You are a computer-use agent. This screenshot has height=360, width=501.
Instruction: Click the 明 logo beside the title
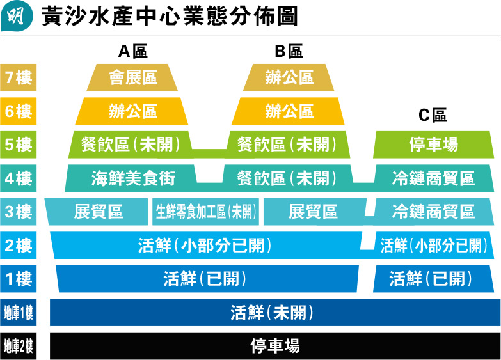(15, 16)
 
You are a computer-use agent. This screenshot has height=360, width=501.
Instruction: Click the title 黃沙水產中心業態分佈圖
(170, 17)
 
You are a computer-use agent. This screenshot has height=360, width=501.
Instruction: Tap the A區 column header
(133, 51)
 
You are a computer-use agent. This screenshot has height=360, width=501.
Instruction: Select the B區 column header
(289, 51)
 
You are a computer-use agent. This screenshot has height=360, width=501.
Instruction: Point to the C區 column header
(433, 115)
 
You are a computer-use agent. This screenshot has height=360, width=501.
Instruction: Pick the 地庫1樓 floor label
(18, 313)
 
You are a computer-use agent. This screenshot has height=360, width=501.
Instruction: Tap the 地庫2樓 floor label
(18, 347)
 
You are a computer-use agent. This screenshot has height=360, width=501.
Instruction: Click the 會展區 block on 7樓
(133, 79)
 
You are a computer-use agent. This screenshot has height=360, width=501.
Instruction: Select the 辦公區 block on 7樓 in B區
(289, 79)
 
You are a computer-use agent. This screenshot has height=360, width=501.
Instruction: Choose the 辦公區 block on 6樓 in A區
(132, 111)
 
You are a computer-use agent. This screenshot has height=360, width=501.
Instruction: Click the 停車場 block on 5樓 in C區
(433, 145)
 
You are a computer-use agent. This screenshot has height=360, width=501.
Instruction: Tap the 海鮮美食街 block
(133, 178)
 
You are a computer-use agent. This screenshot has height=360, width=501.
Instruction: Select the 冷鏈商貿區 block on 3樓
(433, 212)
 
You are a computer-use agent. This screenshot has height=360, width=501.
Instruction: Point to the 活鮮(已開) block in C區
(431, 279)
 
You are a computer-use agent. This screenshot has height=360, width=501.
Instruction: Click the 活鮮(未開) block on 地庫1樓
(272, 313)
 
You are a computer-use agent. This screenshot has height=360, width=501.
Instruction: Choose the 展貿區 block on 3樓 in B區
(314, 212)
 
